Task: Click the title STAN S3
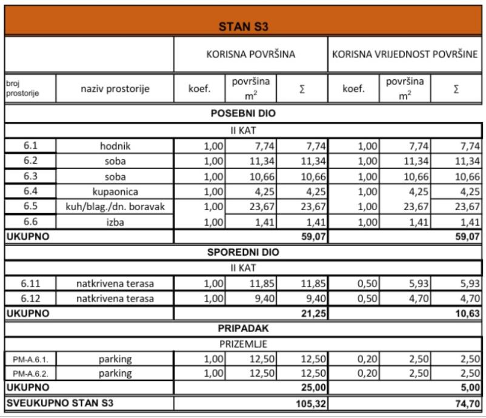coord(243,27)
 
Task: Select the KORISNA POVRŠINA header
coord(251,54)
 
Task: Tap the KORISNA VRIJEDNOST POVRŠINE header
coord(405,54)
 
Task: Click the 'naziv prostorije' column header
coord(115,89)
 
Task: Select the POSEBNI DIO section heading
coord(243,113)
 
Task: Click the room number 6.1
coord(30,145)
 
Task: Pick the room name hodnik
coord(115,146)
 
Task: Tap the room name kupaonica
coord(115,191)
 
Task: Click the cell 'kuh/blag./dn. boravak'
coord(115,207)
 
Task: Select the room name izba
coord(115,222)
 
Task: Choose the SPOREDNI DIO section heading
coord(243,252)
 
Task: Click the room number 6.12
coord(30,298)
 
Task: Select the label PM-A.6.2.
coord(30,374)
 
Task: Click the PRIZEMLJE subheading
coord(243,343)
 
